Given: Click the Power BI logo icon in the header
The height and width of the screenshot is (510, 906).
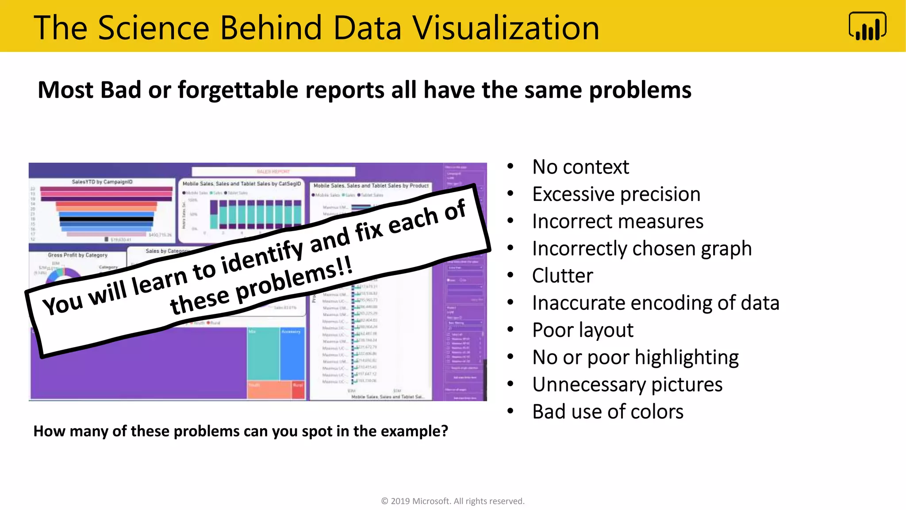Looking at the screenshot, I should point(867,26).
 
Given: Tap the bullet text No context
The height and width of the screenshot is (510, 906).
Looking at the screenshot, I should point(580,167).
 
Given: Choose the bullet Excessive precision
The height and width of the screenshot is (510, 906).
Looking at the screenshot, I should point(616,194).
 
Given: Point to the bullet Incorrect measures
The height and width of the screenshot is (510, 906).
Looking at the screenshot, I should point(617,221).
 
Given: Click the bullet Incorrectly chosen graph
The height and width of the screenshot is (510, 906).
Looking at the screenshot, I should point(641,248).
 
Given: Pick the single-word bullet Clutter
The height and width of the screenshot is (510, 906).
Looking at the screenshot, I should point(562,276).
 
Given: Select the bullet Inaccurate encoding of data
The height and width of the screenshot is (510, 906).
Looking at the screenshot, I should point(655,303).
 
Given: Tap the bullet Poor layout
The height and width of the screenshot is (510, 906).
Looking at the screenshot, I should point(583,330).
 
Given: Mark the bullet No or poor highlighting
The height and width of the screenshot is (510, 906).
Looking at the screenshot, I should point(635,357).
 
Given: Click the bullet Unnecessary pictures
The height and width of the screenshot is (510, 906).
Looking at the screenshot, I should point(627,384).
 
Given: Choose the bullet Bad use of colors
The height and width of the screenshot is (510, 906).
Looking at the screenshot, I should point(607,412).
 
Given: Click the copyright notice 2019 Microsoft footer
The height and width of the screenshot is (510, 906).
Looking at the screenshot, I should point(453,501).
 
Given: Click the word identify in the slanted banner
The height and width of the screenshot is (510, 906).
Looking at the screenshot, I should point(262,256).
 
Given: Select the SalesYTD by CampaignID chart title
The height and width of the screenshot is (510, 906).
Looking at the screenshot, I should point(102,182).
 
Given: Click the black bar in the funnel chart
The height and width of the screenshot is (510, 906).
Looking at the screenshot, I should point(106,219).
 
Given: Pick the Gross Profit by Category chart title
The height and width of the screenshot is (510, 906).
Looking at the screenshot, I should point(78,255).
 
